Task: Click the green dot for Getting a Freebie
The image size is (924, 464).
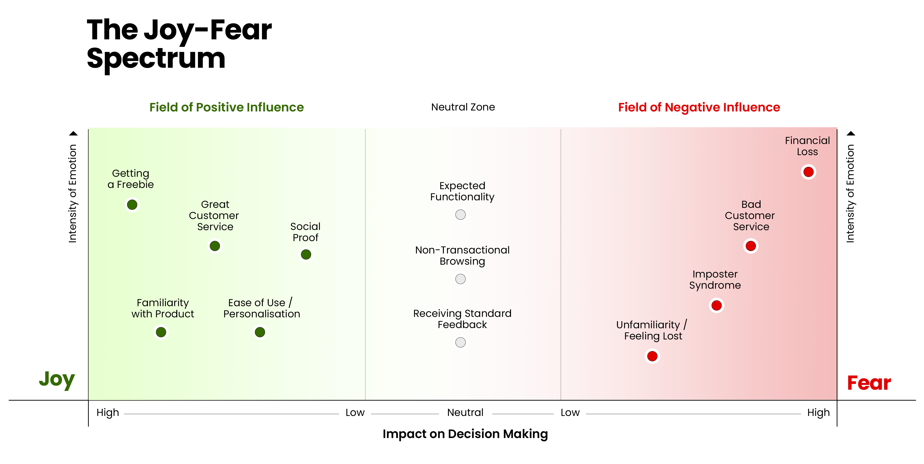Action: click(132, 205)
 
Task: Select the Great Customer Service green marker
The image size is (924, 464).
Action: click(215, 246)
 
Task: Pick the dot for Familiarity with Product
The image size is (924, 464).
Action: click(161, 332)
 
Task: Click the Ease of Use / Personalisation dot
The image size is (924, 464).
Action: click(260, 332)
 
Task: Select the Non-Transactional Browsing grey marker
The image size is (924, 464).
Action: click(461, 279)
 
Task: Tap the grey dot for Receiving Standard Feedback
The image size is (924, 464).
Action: click(461, 342)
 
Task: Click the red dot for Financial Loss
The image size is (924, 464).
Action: click(809, 172)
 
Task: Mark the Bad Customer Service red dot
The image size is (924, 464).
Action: click(751, 246)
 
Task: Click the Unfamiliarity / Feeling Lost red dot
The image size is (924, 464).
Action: click(652, 356)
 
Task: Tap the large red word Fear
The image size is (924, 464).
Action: click(869, 383)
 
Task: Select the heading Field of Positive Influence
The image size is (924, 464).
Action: click(227, 107)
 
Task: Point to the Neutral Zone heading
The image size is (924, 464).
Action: click(463, 107)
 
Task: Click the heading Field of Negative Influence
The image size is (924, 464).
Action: click(699, 107)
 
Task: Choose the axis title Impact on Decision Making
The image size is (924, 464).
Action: click(465, 434)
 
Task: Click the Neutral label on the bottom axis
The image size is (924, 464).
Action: click(465, 412)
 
